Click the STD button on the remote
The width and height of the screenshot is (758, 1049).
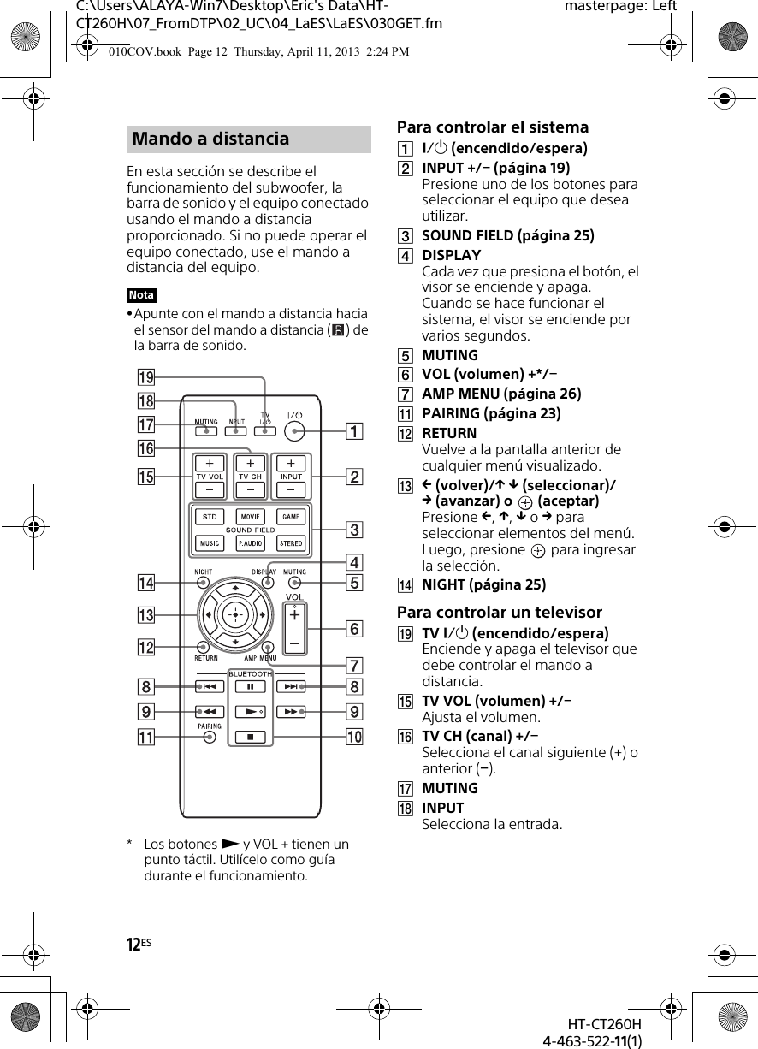click(x=209, y=517)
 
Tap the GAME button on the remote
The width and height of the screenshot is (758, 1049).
click(x=291, y=517)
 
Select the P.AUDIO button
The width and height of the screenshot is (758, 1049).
click(x=250, y=543)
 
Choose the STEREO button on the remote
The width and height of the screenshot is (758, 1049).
click(x=291, y=543)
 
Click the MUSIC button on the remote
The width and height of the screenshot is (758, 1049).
click(x=209, y=543)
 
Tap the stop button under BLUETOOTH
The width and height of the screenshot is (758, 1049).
click(x=250, y=736)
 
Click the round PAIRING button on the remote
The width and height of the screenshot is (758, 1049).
click(x=210, y=738)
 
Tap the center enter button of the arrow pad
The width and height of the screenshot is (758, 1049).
click(x=234, y=614)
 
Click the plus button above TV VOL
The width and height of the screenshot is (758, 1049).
click(x=210, y=463)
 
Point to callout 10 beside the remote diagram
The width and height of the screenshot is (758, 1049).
click(x=353, y=737)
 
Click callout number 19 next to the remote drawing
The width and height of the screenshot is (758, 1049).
click(x=146, y=377)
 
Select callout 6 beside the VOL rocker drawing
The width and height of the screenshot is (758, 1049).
click(x=353, y=629)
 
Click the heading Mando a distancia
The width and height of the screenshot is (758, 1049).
click(x=210, y=139)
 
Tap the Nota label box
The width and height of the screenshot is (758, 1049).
click(x=141, y=295)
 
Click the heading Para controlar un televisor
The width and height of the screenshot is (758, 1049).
click(x=499, y=613)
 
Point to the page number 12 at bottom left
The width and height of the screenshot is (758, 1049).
click(x=133, y=945)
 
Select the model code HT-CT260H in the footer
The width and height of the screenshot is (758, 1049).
click(x=604, y=1025)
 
